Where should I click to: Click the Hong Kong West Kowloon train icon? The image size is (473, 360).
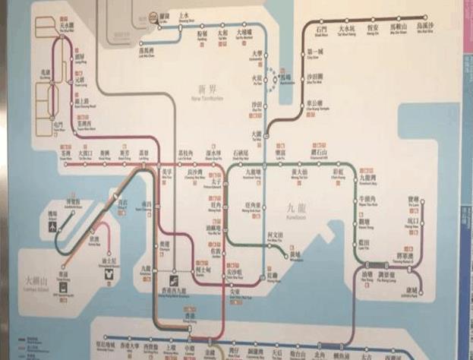(173, 271)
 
